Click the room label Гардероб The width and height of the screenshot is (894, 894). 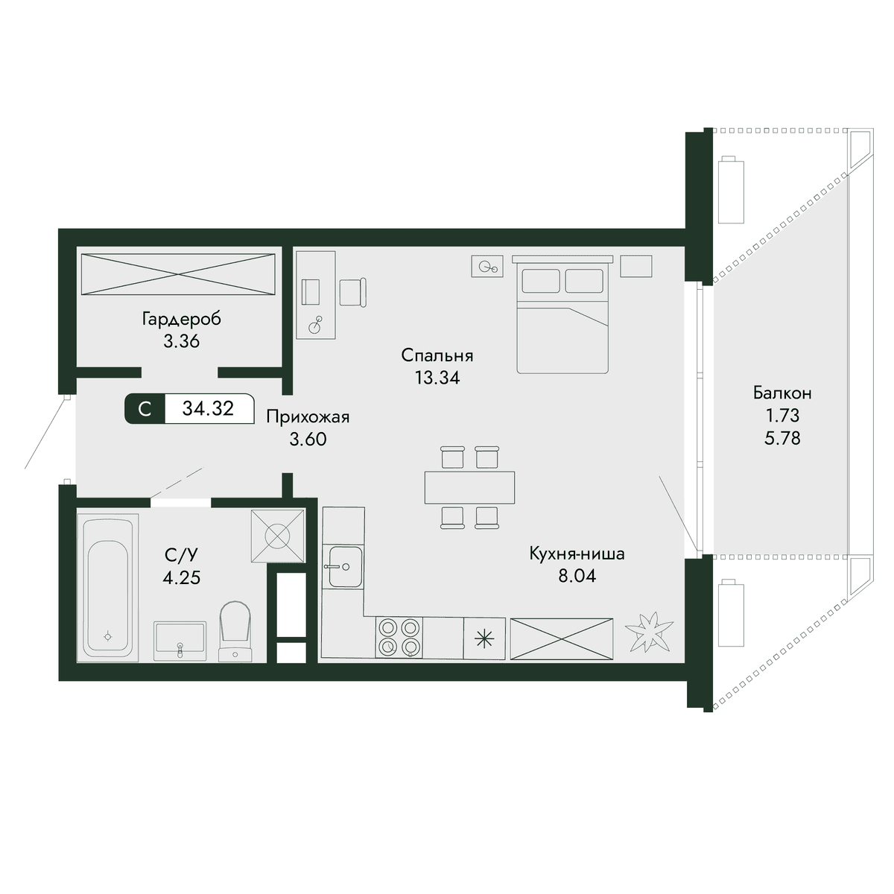(x=181, y=319)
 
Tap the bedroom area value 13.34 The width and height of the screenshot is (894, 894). (x=437, y=378)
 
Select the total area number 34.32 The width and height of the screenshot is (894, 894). (x=208, y=408)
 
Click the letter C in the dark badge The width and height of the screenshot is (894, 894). (x=145, y=409)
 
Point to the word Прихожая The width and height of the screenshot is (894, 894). (x=308, y=417)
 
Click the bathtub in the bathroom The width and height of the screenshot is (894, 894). (x=107, y=587)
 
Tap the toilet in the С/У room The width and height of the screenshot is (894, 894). (x=235, y=632)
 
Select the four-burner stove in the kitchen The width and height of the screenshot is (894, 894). (x=399, y=637)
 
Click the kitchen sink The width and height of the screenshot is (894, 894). (x=346, y=566)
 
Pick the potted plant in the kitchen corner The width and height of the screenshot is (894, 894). (x=649, y=632)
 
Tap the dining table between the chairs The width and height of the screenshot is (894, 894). (x=469, y=487)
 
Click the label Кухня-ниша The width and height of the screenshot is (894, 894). (x=577, y=554)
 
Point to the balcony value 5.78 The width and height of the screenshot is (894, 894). (x=782, y=438)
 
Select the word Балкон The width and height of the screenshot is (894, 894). (x=782, y=393)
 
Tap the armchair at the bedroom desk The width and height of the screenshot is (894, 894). (x=352, y=292)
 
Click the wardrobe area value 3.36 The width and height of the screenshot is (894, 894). (x=181, y=341)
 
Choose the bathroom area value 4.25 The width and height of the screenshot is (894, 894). (x=181, y=577)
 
